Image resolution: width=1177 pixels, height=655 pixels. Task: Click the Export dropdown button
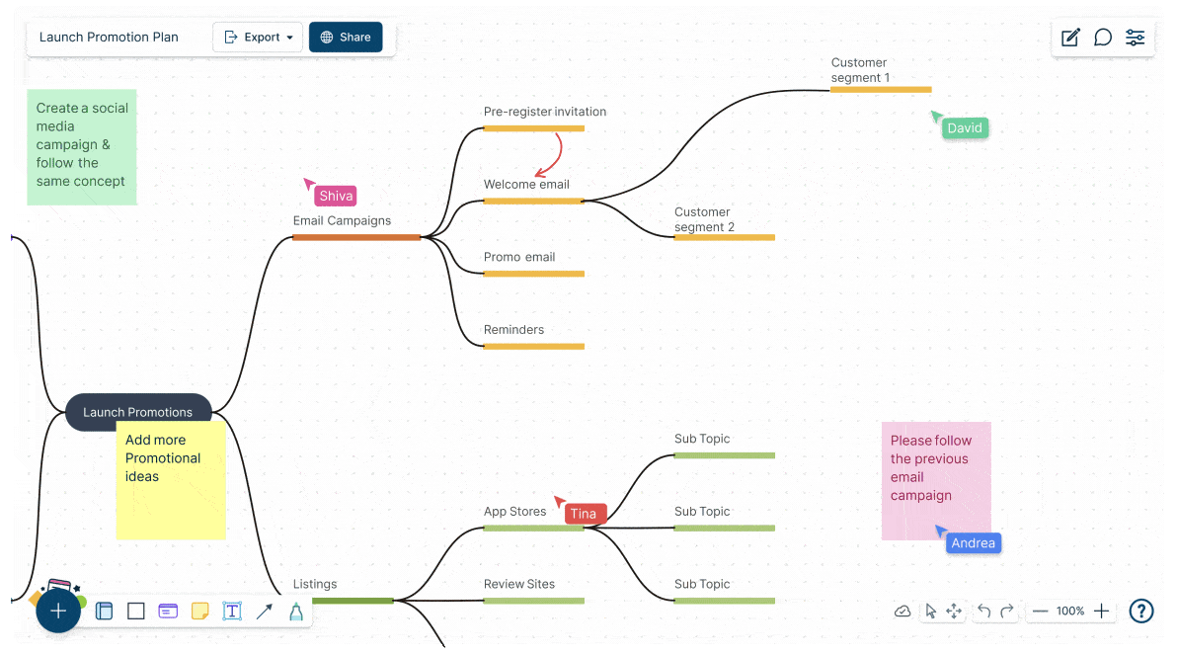click(259, 38)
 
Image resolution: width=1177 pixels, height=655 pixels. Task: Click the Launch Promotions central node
click(138, 412)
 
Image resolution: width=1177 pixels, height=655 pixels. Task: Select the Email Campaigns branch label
click(342, 221)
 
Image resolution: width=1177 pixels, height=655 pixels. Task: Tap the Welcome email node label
click(526, 185)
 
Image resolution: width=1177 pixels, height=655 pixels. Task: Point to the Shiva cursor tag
click(336, 196)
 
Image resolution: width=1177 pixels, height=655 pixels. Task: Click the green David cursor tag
click(964, 128)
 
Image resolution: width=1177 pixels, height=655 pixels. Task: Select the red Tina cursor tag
click(584, 514)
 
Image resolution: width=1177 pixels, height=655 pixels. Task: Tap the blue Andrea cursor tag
click(973, 543)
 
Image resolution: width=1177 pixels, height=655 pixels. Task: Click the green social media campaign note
click(81, 146)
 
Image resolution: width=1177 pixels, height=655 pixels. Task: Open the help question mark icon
click(1141, 612)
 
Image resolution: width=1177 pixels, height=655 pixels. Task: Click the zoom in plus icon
click(1102, 612)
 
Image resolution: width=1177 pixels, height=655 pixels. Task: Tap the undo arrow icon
click(983, 612)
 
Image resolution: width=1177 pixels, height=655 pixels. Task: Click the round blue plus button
click(58, 612)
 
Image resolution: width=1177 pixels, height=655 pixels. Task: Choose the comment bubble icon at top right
click(1103, 38)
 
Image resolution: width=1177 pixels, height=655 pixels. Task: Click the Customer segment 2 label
click(704, 219)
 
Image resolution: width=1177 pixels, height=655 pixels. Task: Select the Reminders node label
click(513, 330)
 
